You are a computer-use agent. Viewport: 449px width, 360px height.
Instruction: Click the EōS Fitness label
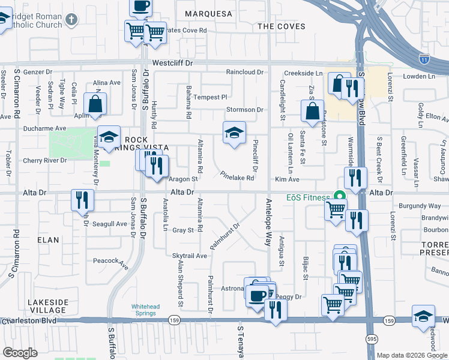click(308, 197)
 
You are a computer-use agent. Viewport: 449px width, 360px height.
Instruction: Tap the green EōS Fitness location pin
click(339, 196)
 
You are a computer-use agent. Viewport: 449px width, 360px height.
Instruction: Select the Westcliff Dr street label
click(173, 62)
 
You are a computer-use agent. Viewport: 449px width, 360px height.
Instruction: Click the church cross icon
click(71, 20)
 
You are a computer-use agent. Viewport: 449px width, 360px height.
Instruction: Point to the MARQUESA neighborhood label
click(208, 13)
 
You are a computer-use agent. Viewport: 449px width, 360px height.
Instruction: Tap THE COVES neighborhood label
click(281, 26)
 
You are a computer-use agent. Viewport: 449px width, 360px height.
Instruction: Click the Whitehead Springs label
click(146, 310)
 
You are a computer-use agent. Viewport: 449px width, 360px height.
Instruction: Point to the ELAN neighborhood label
click(48, 240)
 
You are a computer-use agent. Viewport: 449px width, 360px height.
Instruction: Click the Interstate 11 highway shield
click(424, 58)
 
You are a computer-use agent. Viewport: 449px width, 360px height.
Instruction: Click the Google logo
click(20, 352)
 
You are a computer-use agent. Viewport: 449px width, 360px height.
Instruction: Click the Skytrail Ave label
click(189, 256)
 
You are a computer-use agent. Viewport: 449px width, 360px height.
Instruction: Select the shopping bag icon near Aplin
click(95, 104)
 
